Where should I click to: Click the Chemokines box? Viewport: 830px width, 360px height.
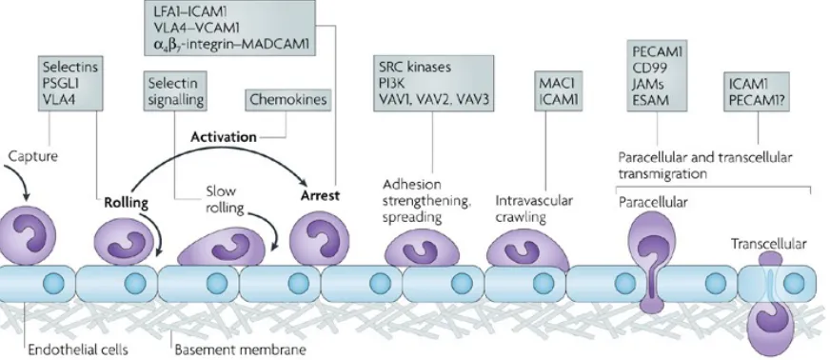pos(288,100)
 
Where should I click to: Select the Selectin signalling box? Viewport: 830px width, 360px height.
pos(176,90)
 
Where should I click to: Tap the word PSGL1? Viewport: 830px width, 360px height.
pos(61,83)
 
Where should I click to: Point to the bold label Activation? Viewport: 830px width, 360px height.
pos(224,137)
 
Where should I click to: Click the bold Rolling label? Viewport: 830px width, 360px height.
pos(126,203)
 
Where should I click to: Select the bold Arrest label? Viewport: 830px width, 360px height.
pos(320,195)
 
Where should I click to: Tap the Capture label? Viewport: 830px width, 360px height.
pos(32,157)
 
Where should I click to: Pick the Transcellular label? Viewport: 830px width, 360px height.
pos(768,244)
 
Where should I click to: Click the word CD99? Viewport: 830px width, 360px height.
pos(645,68)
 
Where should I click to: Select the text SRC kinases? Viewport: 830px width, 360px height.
pos(415,68)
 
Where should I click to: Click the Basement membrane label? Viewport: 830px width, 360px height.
pos(240,350)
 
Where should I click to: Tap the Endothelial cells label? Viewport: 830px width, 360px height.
pos(78,350)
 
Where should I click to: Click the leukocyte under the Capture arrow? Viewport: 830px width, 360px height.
pos(27,235)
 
